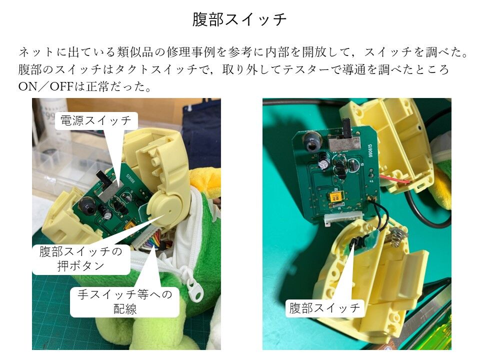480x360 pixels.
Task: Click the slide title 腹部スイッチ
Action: pos(239,19)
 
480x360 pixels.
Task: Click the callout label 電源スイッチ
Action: pos(96,120)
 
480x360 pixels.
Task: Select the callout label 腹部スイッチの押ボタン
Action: pos(81,258)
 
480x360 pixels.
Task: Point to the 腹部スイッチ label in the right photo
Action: pos(325,307)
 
